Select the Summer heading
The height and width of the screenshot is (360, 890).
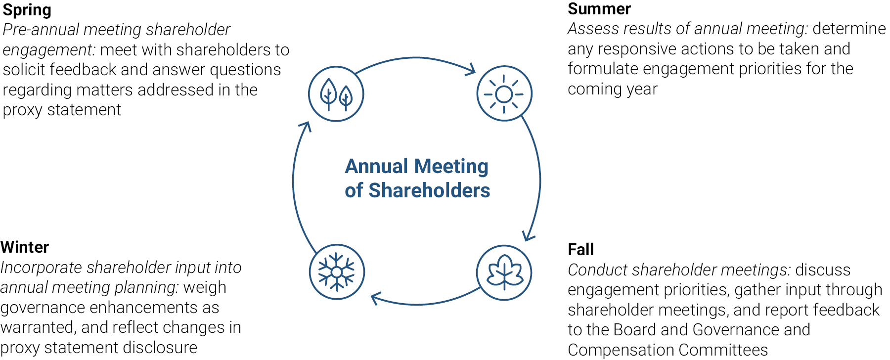[x=599, y=9]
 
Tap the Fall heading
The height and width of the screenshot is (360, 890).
[x=580, y=250]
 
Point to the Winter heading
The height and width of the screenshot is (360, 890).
[x=25, y=247]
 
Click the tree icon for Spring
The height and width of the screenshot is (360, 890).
[x=336, y=94]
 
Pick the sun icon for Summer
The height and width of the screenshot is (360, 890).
[x=504, y=93]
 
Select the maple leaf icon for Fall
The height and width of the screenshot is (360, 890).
[x=504, y=272]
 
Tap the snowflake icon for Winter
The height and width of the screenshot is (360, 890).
[x=337, y=272]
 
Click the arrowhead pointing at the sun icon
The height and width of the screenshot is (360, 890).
[x=470, y=70]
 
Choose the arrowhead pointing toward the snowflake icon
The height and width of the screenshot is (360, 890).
[x=377, y=298]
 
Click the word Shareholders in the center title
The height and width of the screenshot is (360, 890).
[x=429, y=191]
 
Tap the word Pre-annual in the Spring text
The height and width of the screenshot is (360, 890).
[x=41, y=30]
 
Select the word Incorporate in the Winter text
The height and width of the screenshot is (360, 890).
[x=41, y=268]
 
